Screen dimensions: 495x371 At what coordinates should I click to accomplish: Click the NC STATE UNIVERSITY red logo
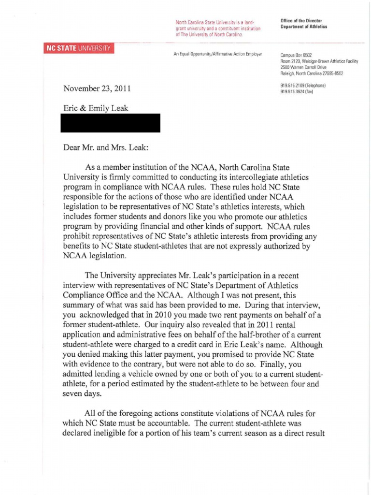[x=78, y=49]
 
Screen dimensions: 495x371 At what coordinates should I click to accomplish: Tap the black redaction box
[x=110, y=123]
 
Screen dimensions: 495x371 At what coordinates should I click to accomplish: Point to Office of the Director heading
[x=301, y=21]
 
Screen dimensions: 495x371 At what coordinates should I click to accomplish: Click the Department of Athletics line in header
[x=303, y=27]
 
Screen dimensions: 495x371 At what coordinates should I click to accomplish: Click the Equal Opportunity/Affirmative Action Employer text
[x=217, y=54]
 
